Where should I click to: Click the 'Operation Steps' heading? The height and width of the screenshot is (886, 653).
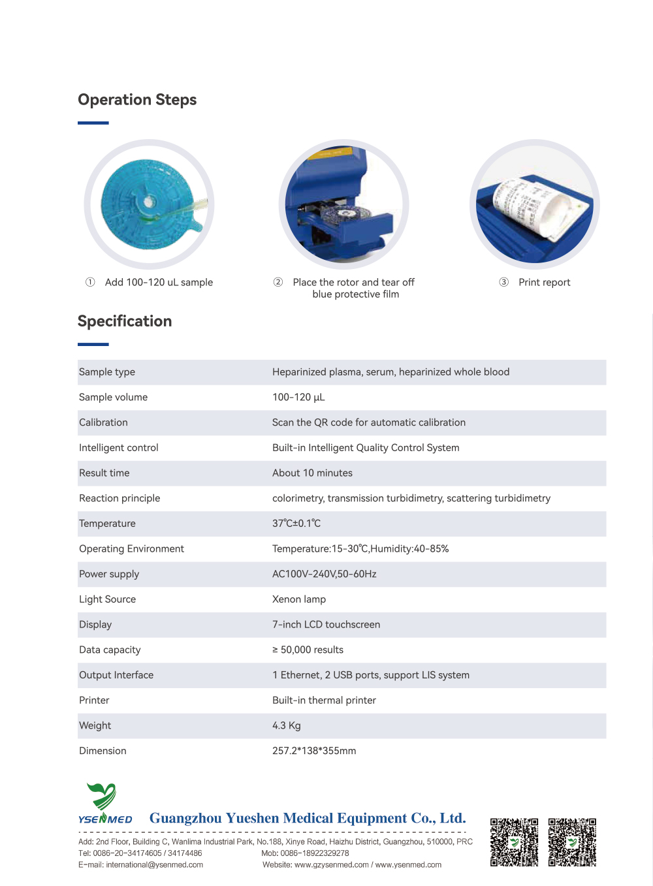137,100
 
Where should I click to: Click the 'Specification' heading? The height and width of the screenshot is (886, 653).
125,321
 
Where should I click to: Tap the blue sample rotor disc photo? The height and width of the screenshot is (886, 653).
149,204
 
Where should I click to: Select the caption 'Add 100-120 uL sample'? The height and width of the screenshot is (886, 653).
159,283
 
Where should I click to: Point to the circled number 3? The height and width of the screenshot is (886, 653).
504,282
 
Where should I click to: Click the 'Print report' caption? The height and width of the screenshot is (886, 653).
544,283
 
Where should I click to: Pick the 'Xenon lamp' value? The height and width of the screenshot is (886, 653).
299,599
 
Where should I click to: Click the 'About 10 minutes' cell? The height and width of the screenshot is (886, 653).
312,473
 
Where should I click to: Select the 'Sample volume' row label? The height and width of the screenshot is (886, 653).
113,398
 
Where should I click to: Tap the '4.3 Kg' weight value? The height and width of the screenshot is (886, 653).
287,726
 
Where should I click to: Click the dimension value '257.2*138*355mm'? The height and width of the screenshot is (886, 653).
314,751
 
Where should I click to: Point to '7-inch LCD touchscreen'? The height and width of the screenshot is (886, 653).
326,625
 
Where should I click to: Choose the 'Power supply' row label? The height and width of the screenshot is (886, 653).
109,575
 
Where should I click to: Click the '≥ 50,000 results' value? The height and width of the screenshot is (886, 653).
308,650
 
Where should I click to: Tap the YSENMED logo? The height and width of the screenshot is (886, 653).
104,804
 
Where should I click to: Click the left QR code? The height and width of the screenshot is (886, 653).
515,842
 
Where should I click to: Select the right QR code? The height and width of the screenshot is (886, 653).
572,842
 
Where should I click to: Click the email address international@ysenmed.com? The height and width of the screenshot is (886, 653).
154,865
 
